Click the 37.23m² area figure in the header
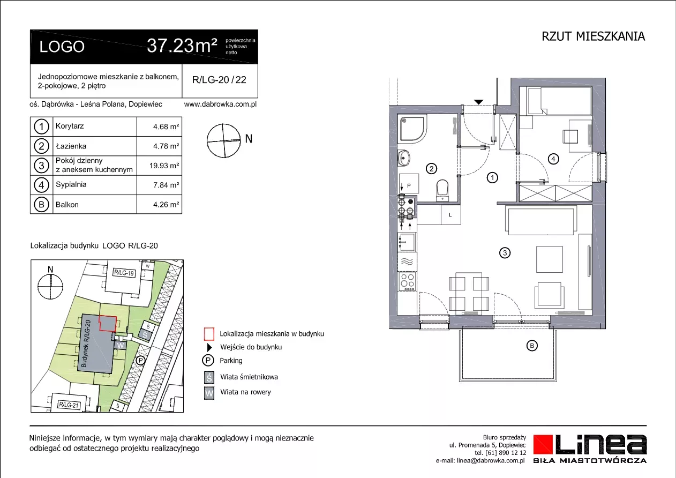point(182,46)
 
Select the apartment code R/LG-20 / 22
point(219,80)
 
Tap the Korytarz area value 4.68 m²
point(166,126)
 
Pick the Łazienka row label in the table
point(71,146)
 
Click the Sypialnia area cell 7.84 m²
point(166,185)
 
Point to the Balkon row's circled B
point(41,204)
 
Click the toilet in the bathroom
point(442,190)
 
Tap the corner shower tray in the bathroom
point(411,129)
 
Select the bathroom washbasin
point(403,158)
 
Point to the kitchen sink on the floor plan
point(407,242)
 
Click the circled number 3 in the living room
point(505,252)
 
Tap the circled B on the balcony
point(532,346)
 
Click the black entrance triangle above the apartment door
point(478,102)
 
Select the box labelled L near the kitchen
point(450,215)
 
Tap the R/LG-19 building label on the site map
point(124,273)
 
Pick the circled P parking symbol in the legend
point(208,360)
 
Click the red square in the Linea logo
point(543,444)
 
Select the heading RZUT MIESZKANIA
point(594,36)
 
